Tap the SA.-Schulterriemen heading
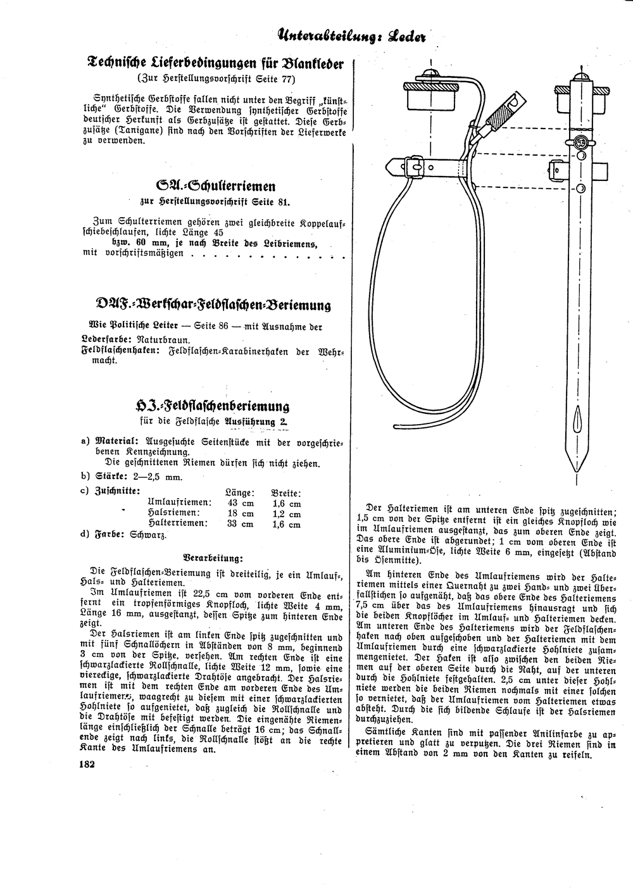(215, 186)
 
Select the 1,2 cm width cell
(286, 514)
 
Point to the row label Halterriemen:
(177, 524)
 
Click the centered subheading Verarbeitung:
(213, 558)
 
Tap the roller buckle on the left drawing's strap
(414, 166)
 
